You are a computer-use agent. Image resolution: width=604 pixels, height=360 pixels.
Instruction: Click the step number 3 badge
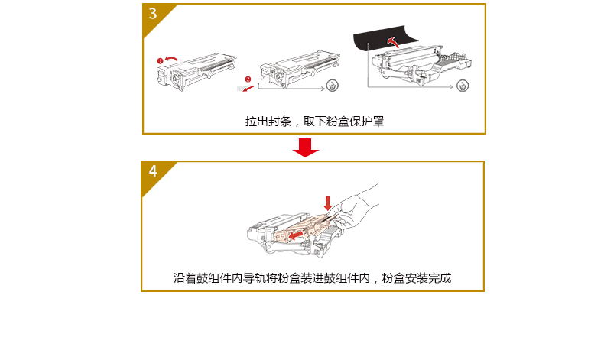click(x=154, y=15)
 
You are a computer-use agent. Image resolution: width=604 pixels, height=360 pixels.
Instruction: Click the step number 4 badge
click(x=154, y=171)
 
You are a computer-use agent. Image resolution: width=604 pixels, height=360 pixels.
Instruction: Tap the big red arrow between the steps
click(x=306, y=148)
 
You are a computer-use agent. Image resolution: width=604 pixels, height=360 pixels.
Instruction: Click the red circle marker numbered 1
click(x=161, y=61)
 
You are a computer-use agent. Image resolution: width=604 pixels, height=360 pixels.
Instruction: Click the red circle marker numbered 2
click(x=248, y=79)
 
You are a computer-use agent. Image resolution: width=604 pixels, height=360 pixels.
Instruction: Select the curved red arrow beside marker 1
click(x=172, y=59)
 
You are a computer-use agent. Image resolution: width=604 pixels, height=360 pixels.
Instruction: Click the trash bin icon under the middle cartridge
click(x=333, y=86)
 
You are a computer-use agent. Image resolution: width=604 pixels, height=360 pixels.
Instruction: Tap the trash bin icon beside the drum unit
click(x=463, y=86)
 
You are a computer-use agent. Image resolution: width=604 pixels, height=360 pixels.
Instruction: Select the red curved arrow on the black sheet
click(x=393, y=41)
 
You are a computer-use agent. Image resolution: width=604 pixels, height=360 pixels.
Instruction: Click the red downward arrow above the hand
click(x=328, y=203)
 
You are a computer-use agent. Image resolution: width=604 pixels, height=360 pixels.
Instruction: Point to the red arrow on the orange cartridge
click(x=296, y=234)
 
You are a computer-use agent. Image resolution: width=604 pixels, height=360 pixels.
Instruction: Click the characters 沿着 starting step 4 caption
click(x=185, y=278)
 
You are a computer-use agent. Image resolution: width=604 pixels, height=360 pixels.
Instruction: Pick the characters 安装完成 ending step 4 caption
click(x=428, y=278)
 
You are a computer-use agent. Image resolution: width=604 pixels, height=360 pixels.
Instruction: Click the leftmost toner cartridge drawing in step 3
click(x=196, y=72)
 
